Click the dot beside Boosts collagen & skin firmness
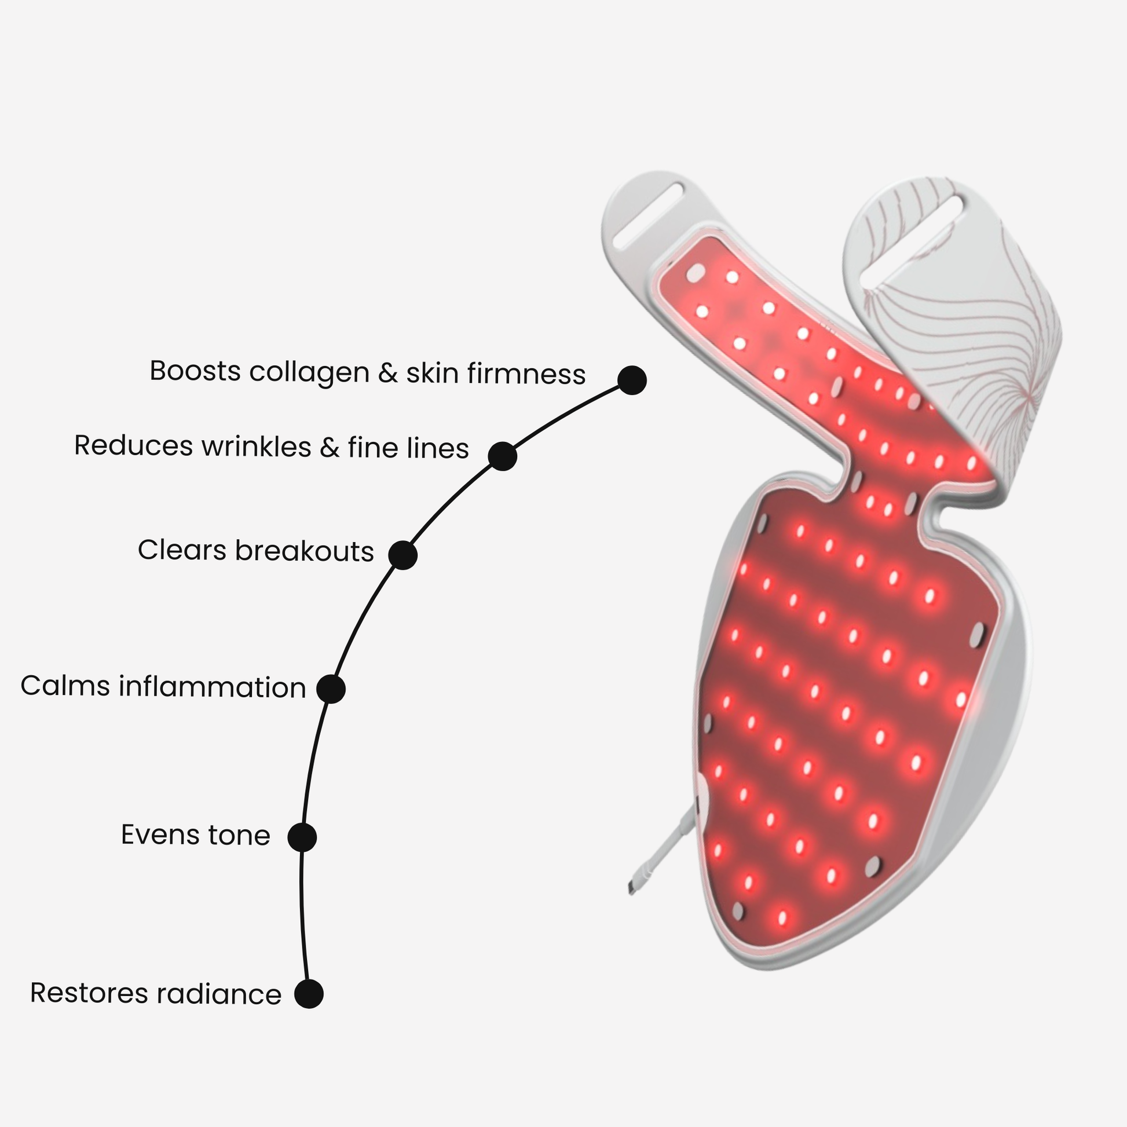coord(632,380)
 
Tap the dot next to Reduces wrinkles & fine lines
coord(502,456)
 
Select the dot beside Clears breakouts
coord(402,555)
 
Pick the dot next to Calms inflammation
coord(331,689)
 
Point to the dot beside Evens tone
coord(302,837)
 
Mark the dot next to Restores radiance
coord(309,994)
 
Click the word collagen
coord(309,374)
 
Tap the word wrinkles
coord(256,447)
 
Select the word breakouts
coord(304,551)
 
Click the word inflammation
coord(213,687)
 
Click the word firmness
coord(526,375)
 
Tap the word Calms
coord(65,686)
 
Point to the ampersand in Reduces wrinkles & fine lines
coord(330,448)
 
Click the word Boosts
coord(195,372)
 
